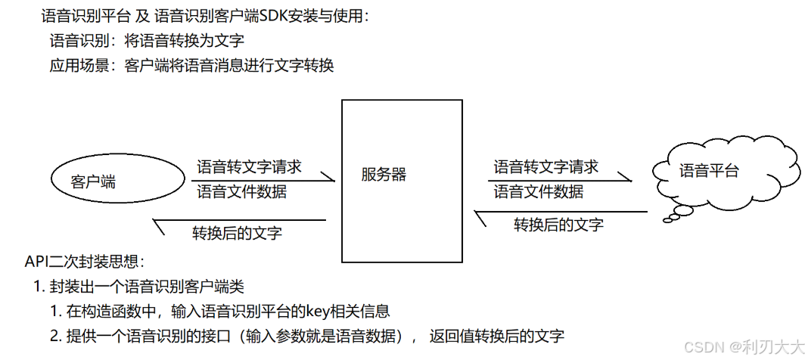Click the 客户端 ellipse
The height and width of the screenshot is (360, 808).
pos(117,181)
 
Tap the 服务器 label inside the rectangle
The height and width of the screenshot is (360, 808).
pos(384,175)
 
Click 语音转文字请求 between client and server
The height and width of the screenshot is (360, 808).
pos(249,166)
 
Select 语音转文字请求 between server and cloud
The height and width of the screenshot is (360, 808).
pos(545,166)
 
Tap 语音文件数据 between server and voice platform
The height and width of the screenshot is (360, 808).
pos(538,191)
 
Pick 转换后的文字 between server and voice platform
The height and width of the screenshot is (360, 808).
pos(558,224)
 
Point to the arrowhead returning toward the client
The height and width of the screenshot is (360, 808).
pos(159,222)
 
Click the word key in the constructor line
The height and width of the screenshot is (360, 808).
pos(315,311)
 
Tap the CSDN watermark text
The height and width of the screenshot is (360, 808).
pos(744,346)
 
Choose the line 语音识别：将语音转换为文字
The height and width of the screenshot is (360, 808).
pos(146,41)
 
